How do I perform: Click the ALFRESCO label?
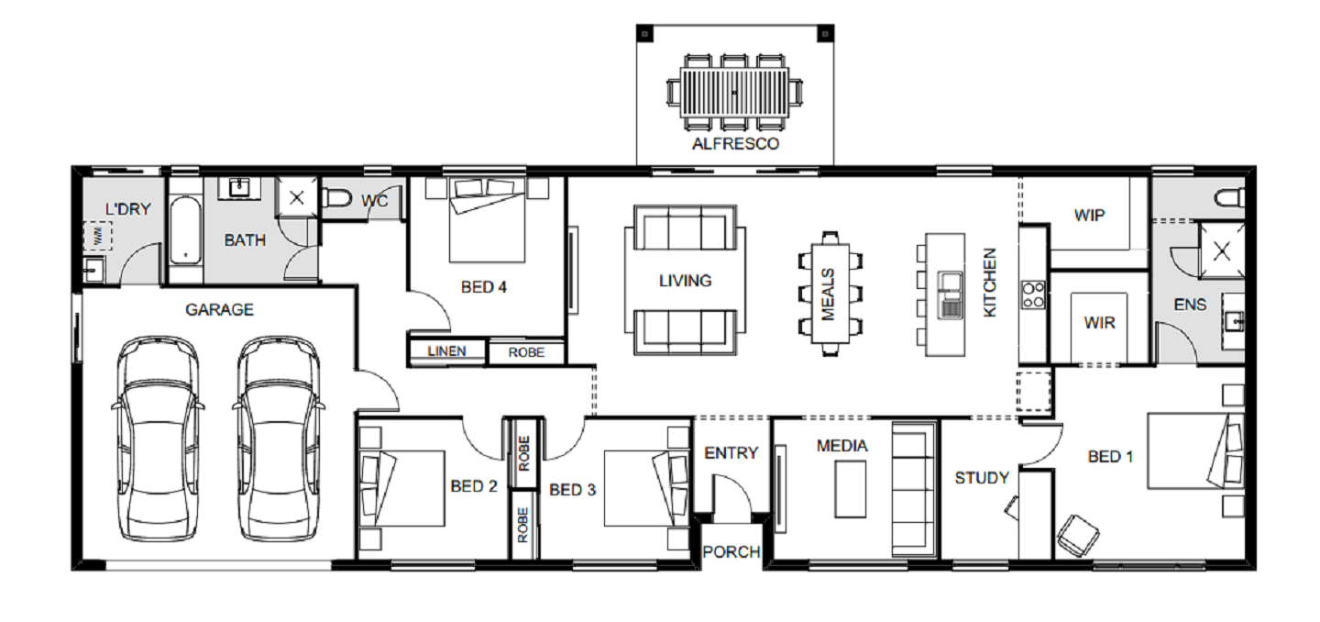(x=735, y=144)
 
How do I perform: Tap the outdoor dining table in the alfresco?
(x=734, y=93)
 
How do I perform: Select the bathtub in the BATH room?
(x=185, y=230)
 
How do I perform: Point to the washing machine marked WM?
(x=97, y=236)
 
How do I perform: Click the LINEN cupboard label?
(x=446, y=351)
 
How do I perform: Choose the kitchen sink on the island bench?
(x=951, y=294)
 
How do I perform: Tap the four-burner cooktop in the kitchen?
(x=1033, y=294)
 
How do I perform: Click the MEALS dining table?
(x=830, y=294)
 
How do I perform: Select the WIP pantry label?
(x=1089, y=216)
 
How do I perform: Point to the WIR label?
(x=1100, y=323)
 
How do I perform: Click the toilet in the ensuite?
(x=1230, y=197)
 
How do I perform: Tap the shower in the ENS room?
(x=1222, y=250)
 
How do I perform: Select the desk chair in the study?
(x=1078, y=535)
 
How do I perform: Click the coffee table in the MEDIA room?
(x=851, y=489)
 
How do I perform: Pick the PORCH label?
(x=731, y=552)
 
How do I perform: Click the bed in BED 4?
(x=488, y=220)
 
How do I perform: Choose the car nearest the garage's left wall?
(x=157, y=439)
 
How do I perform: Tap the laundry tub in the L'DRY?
(x=93, y=270)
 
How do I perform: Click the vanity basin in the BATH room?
(x=240, y=188)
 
